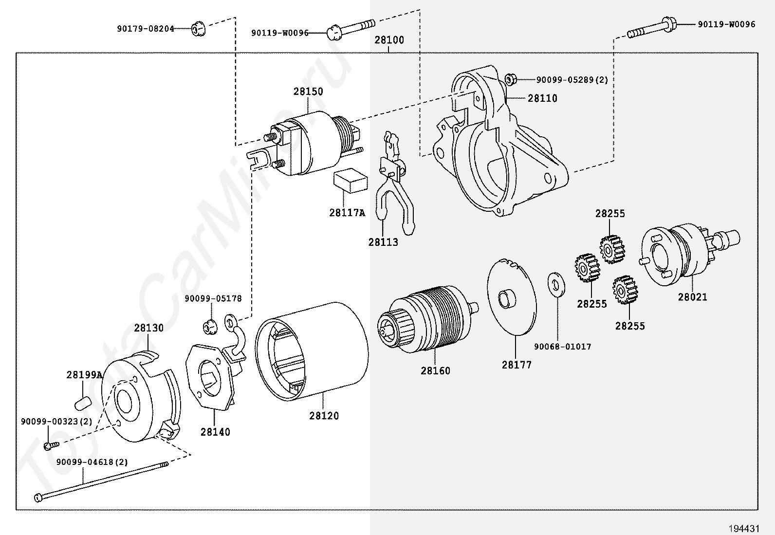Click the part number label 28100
(x=389, y=40)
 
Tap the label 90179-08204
(x=146, y=29)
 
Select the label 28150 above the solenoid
(x=308, y=92)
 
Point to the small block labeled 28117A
(x=350, y=180)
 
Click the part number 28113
(x=383, y=242)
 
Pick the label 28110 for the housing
(x=542, y=98)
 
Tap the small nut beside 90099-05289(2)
(x=511, y=79)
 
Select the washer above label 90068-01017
(x=556, y=284)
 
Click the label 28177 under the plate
(x=517, y=365)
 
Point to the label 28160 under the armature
(x=436, y=371)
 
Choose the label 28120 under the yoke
(x=324, y=416)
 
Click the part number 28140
(x=215, y=432)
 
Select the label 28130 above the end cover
(x=149, y=328)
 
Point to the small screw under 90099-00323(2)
(x=52, y=446)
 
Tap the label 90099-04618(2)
(x=92, y=462)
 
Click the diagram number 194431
(x=744, y=528)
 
